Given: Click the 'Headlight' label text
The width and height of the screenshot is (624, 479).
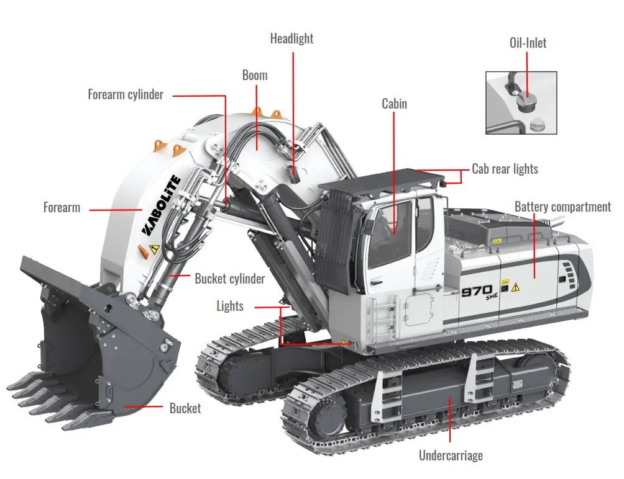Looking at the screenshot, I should click(291, 38).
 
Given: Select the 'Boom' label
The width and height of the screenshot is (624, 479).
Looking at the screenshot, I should click(255, 75).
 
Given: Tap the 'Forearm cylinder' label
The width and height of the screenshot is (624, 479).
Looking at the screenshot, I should click(126, 95).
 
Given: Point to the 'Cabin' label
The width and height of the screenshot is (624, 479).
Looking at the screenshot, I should click(394, 104).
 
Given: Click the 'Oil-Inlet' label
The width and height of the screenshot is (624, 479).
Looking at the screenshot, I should click(527, 43).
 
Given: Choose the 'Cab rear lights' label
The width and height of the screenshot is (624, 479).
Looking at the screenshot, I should click(505, 169).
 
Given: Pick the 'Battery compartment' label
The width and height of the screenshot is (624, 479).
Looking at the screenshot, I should click(562, 207).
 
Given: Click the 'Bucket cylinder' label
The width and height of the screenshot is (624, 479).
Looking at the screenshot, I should click(229, 279).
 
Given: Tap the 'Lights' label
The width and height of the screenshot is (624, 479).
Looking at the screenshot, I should click(230, 306).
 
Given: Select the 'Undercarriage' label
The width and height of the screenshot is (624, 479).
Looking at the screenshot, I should click(451, 456).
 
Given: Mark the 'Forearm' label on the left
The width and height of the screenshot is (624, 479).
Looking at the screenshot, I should click(62, 207).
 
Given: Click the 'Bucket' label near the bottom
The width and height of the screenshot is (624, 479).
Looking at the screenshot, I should click(185, 408).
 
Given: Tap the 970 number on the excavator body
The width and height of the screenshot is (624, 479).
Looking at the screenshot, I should click(477, 290).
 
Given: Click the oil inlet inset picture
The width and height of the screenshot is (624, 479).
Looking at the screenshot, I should click(521, 102).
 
